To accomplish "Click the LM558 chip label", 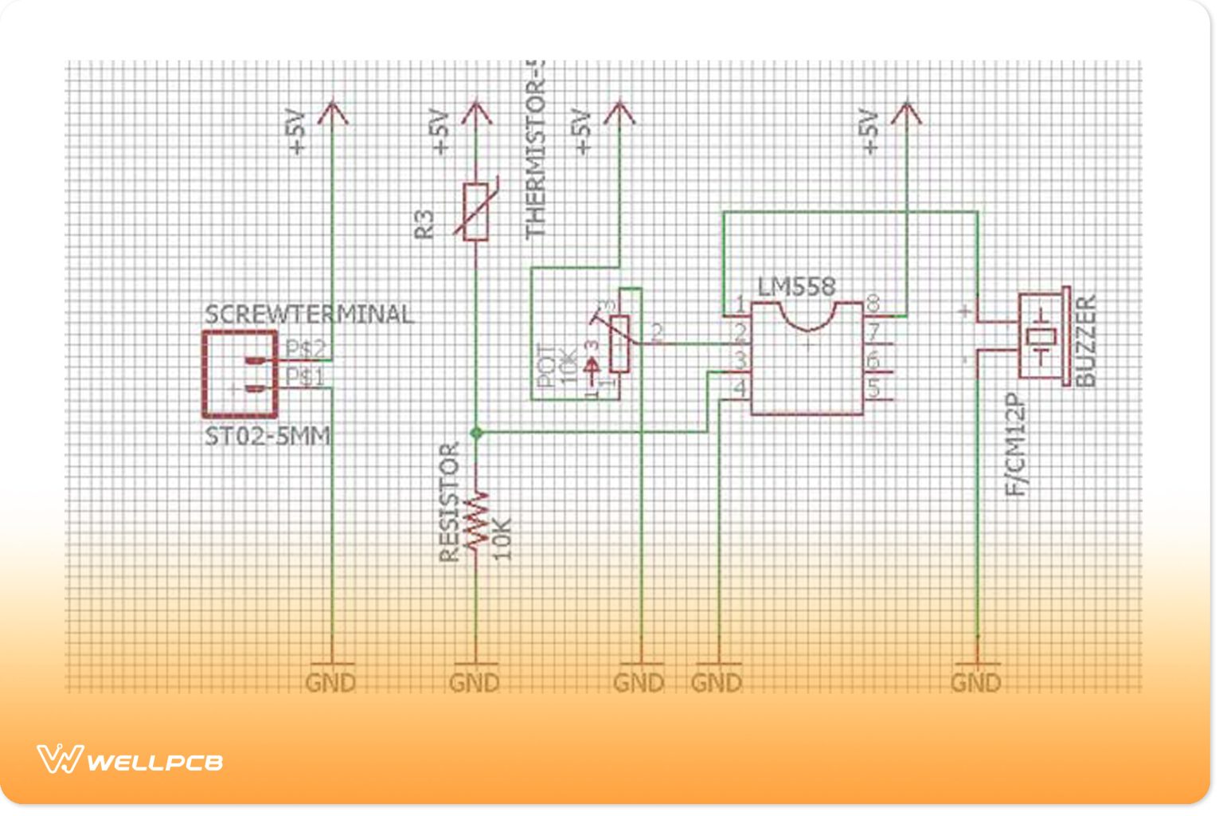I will point(795,287).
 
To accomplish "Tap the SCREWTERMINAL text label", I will point(309,314).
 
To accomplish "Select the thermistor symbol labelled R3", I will point(475,211).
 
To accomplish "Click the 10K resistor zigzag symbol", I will point(475,521).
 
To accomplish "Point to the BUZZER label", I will point(1086,341).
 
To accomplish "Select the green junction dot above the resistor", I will point(475,433).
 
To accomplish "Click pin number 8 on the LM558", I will point(873,304).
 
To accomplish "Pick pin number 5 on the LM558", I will point(873,389).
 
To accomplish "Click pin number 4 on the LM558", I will point(740,389).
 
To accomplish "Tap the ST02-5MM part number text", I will point(268,437).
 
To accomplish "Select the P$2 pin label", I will point(306,348).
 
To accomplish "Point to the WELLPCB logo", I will point(130,760).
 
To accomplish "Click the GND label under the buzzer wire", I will point(975,683).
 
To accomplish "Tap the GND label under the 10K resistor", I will point(475,683).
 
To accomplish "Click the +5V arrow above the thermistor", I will point(475,114).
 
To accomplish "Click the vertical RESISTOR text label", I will point(450,502).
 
